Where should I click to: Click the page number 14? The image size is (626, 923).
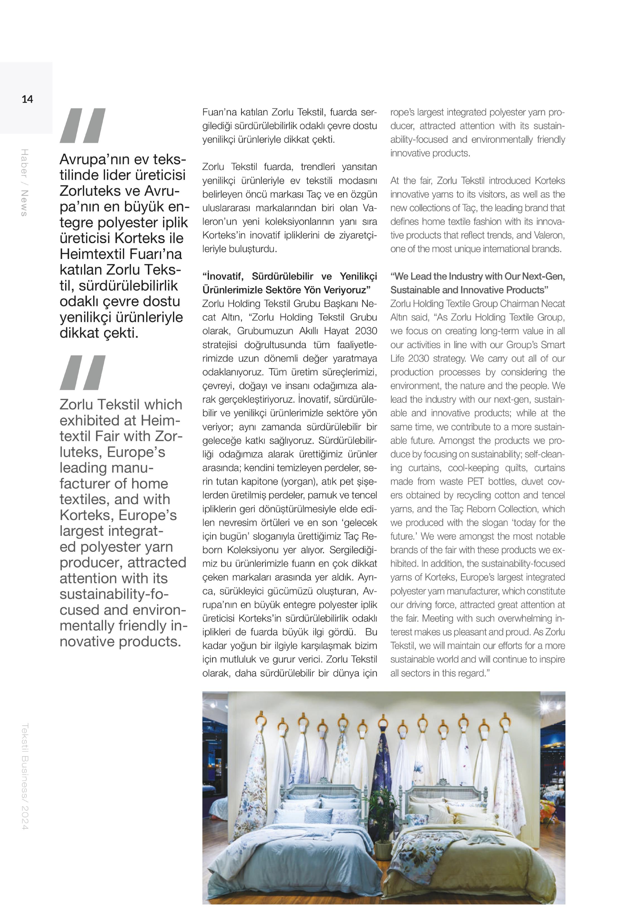[x=27, y=99]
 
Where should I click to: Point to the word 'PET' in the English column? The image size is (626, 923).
[x=475, y=481]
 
